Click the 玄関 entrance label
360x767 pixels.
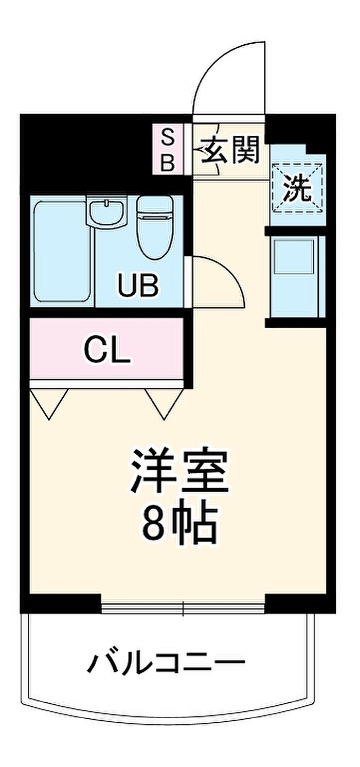pyautogui.click(x=230, y=150)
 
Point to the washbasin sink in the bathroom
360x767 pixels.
pyautogui.click(x=107, y=212)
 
